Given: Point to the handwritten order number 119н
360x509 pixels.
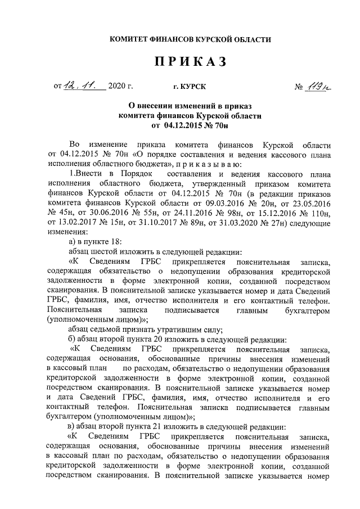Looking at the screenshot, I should [x=318, y=86].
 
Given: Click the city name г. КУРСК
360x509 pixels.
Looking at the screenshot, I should [x=190, y=87].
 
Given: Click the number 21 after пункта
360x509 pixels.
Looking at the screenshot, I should [x=163, y=426].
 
